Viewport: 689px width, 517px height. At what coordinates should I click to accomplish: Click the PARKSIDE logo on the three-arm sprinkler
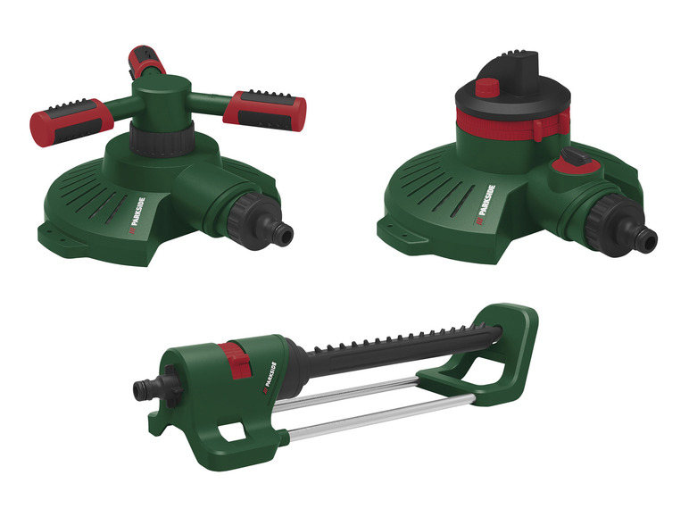[x=138, y=212]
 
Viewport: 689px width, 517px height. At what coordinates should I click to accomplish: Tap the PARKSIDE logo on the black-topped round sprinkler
[x=486, y=205]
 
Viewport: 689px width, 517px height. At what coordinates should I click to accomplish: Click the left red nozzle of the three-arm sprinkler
[x=71, y=122]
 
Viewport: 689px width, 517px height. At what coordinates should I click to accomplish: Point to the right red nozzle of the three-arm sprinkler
[x=265, y=111]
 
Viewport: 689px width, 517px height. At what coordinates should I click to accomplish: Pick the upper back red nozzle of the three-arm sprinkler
[x=145, y=61]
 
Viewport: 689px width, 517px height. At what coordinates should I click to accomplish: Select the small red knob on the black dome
[x=487, y=87]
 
